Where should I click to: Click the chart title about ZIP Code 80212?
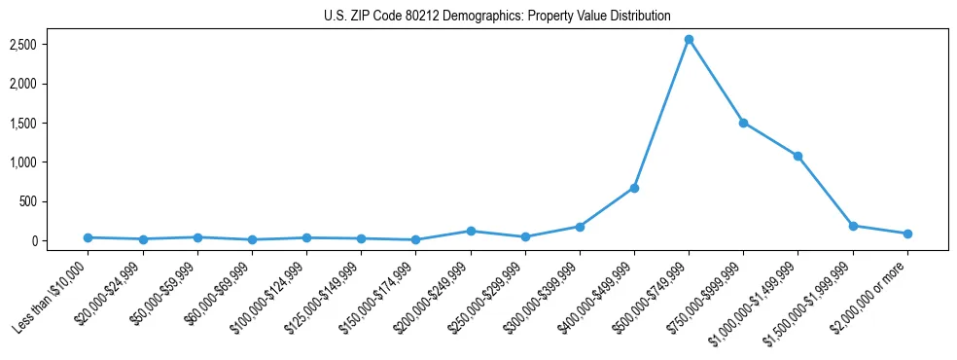[x=497, y=17]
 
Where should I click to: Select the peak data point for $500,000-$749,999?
[x=689, y=40]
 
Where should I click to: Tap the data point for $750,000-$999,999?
[x=743, y=123]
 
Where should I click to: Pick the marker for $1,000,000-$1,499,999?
[x=797, y=156]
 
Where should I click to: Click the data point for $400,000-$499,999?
[x=634, y=188]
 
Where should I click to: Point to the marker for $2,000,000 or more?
[x=907, y=234]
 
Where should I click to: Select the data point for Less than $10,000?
[x=89, y=237]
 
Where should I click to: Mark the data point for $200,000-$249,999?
[x=471, y=231]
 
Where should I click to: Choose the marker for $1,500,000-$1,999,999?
[x=853, y=226]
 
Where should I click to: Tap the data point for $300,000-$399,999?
[x=580, y=227]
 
